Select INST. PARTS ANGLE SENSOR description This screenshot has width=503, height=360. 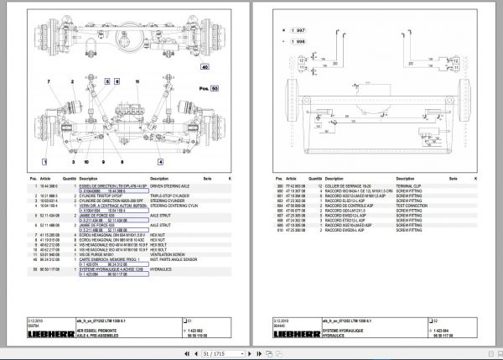point(175,260)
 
